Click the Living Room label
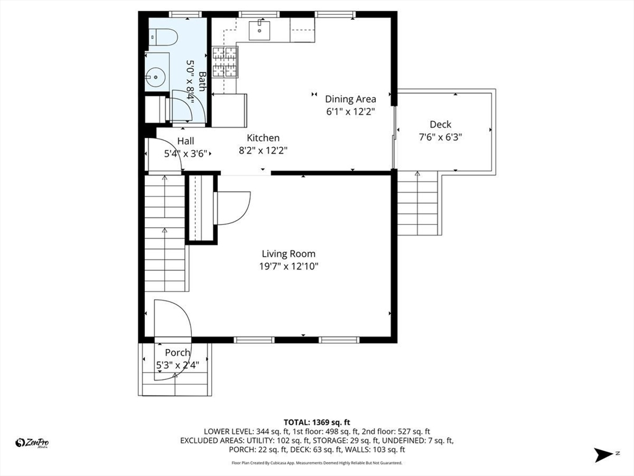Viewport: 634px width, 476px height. tap(289, 253)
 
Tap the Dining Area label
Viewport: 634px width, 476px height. tap(350, 99)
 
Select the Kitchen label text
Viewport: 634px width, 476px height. tap(263, 138)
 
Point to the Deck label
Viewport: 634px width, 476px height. tap(440, 124)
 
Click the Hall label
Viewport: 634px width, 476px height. tap(186, 141)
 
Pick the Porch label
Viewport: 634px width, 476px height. tap(178, 353)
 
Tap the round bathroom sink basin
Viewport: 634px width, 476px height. tap(155, 76)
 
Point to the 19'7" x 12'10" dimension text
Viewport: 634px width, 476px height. tap(289, 267)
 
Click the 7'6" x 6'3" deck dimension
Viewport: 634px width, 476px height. tap(440, 137)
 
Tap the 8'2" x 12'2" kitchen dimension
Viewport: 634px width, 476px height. tap(263, 151)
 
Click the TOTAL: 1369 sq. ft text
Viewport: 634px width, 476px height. tap(316, 423)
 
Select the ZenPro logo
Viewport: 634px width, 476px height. tap(32, 443)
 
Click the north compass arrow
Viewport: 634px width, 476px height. tap(604, 454)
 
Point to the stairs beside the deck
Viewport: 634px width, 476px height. tap(418, 203)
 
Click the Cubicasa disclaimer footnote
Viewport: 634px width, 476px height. tap(316, 462)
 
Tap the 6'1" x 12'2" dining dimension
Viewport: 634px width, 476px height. tap(351, 112)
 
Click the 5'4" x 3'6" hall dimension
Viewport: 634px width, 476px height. tap(186, 154)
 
